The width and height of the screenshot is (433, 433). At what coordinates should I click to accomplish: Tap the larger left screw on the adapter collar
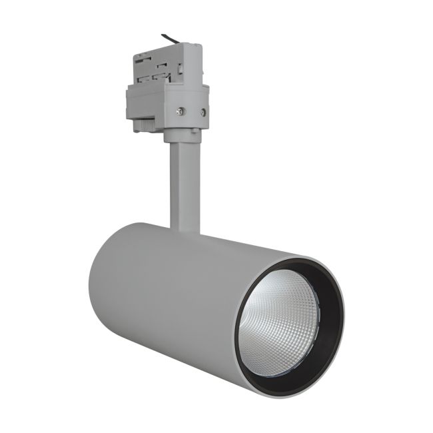pyautogui.click(x=180, y=111)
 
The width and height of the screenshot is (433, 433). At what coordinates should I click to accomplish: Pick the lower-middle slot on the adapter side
pyautogui.click(x=159, y=76)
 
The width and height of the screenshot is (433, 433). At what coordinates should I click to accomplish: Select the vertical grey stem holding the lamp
pyautogui.click(x=184, y=187)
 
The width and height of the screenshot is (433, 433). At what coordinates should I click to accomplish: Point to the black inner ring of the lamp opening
pyautogui.click(x=326, y=286)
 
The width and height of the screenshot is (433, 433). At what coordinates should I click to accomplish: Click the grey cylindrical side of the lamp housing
pyautogui.click(x=173, y=300)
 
